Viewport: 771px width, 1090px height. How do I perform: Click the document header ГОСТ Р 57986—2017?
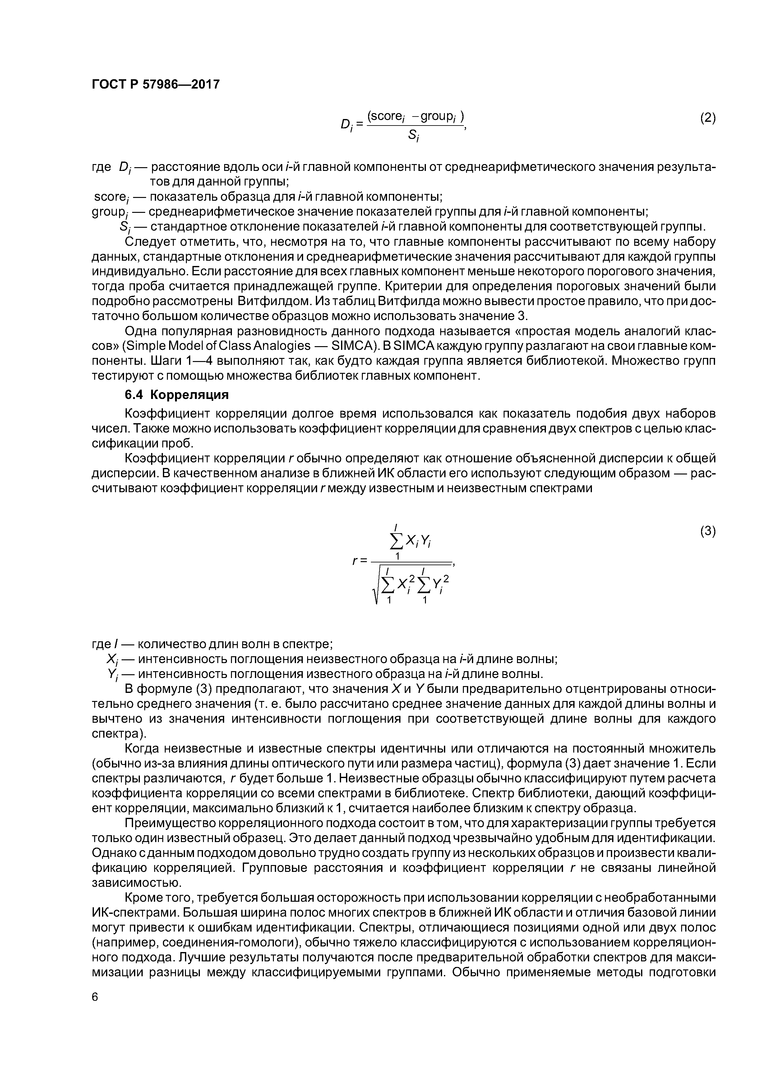coord(155,85)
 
